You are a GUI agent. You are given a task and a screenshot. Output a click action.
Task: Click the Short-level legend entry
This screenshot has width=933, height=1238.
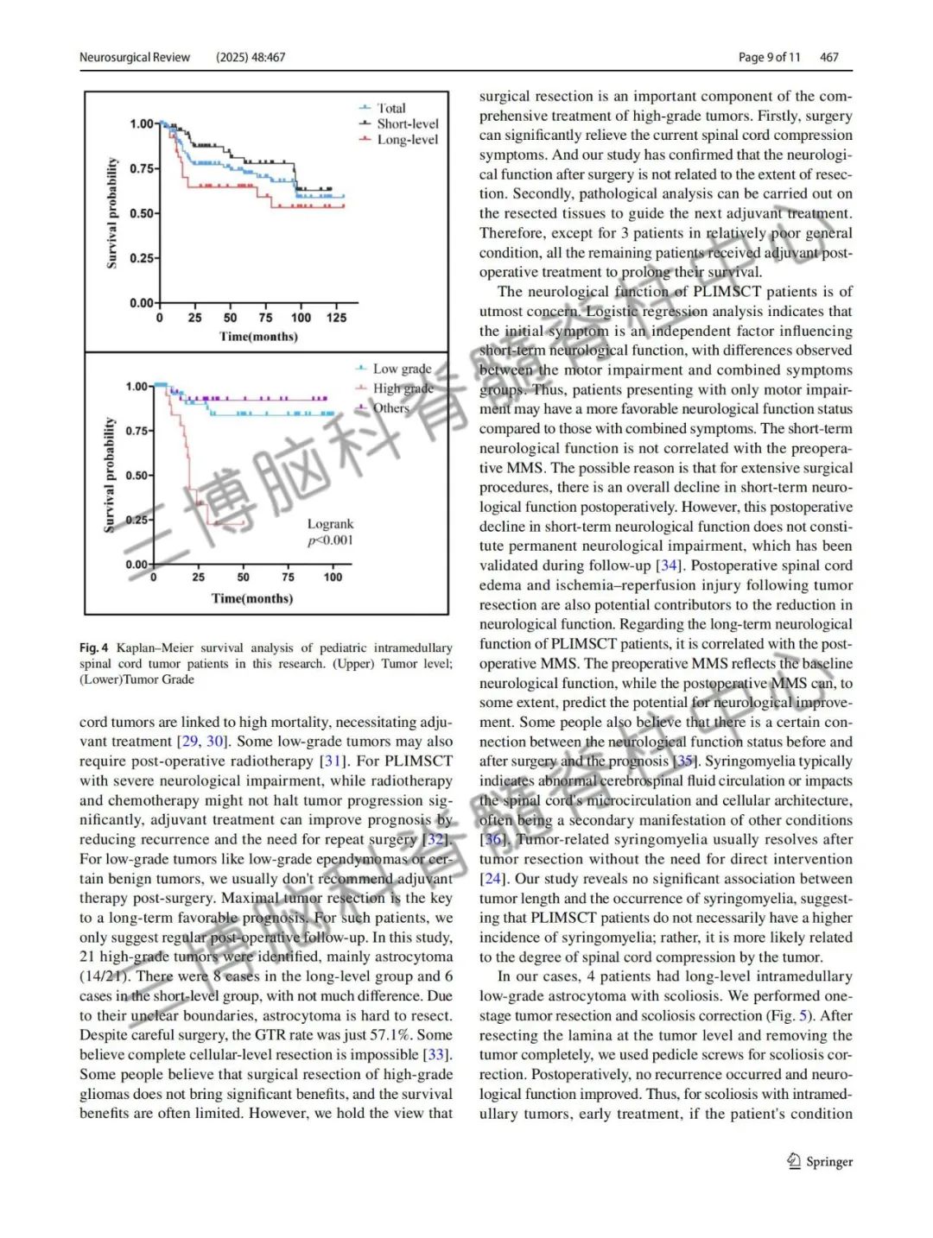tap(407, 124)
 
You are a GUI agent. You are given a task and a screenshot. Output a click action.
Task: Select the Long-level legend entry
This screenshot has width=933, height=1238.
tap(407, 140)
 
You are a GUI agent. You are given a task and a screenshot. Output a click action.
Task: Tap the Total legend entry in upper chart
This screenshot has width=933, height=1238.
tap(390, 109)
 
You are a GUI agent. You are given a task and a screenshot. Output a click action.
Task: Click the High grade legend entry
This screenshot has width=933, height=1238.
tap(403, 388)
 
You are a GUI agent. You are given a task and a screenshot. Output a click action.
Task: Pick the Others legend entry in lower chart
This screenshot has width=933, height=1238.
tap(390, 407)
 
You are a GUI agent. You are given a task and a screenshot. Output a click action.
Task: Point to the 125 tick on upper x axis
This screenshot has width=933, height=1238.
tap(336, 318)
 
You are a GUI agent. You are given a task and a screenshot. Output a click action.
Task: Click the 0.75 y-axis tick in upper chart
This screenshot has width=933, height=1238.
tap(143, 168)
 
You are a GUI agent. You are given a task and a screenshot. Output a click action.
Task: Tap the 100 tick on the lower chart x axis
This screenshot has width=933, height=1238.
tap(333, 578)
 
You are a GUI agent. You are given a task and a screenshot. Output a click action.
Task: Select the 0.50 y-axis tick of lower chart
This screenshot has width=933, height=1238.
tap(137, 476)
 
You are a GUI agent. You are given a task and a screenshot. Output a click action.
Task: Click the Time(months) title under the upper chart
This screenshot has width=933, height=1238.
tap(258, 337)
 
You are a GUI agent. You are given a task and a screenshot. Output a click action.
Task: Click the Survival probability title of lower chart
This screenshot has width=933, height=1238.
tap(110, 475)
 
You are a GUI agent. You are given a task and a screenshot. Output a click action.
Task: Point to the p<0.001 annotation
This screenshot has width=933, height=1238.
tap(330, 540)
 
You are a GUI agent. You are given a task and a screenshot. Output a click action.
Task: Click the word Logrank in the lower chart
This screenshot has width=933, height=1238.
tap(330, 524)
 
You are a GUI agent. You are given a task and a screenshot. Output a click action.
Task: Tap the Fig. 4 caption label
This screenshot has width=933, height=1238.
tap(94, 647)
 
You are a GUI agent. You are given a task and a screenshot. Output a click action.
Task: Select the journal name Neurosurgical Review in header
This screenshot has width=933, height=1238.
tap(135, 58)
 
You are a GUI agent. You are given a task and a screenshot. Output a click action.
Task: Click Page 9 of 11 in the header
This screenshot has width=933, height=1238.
tap(769, 58)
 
